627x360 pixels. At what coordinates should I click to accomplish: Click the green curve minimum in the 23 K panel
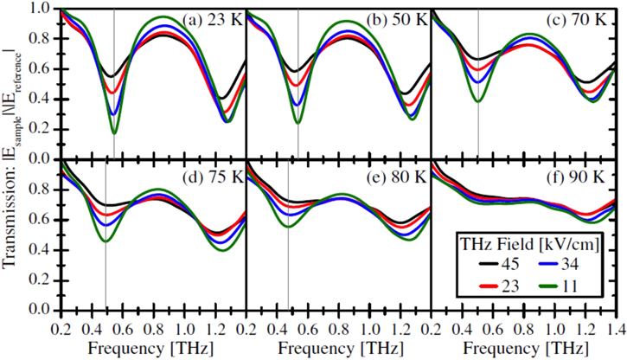[x=114, y=133]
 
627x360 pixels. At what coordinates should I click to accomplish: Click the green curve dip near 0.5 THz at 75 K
[x=106, y=241]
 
